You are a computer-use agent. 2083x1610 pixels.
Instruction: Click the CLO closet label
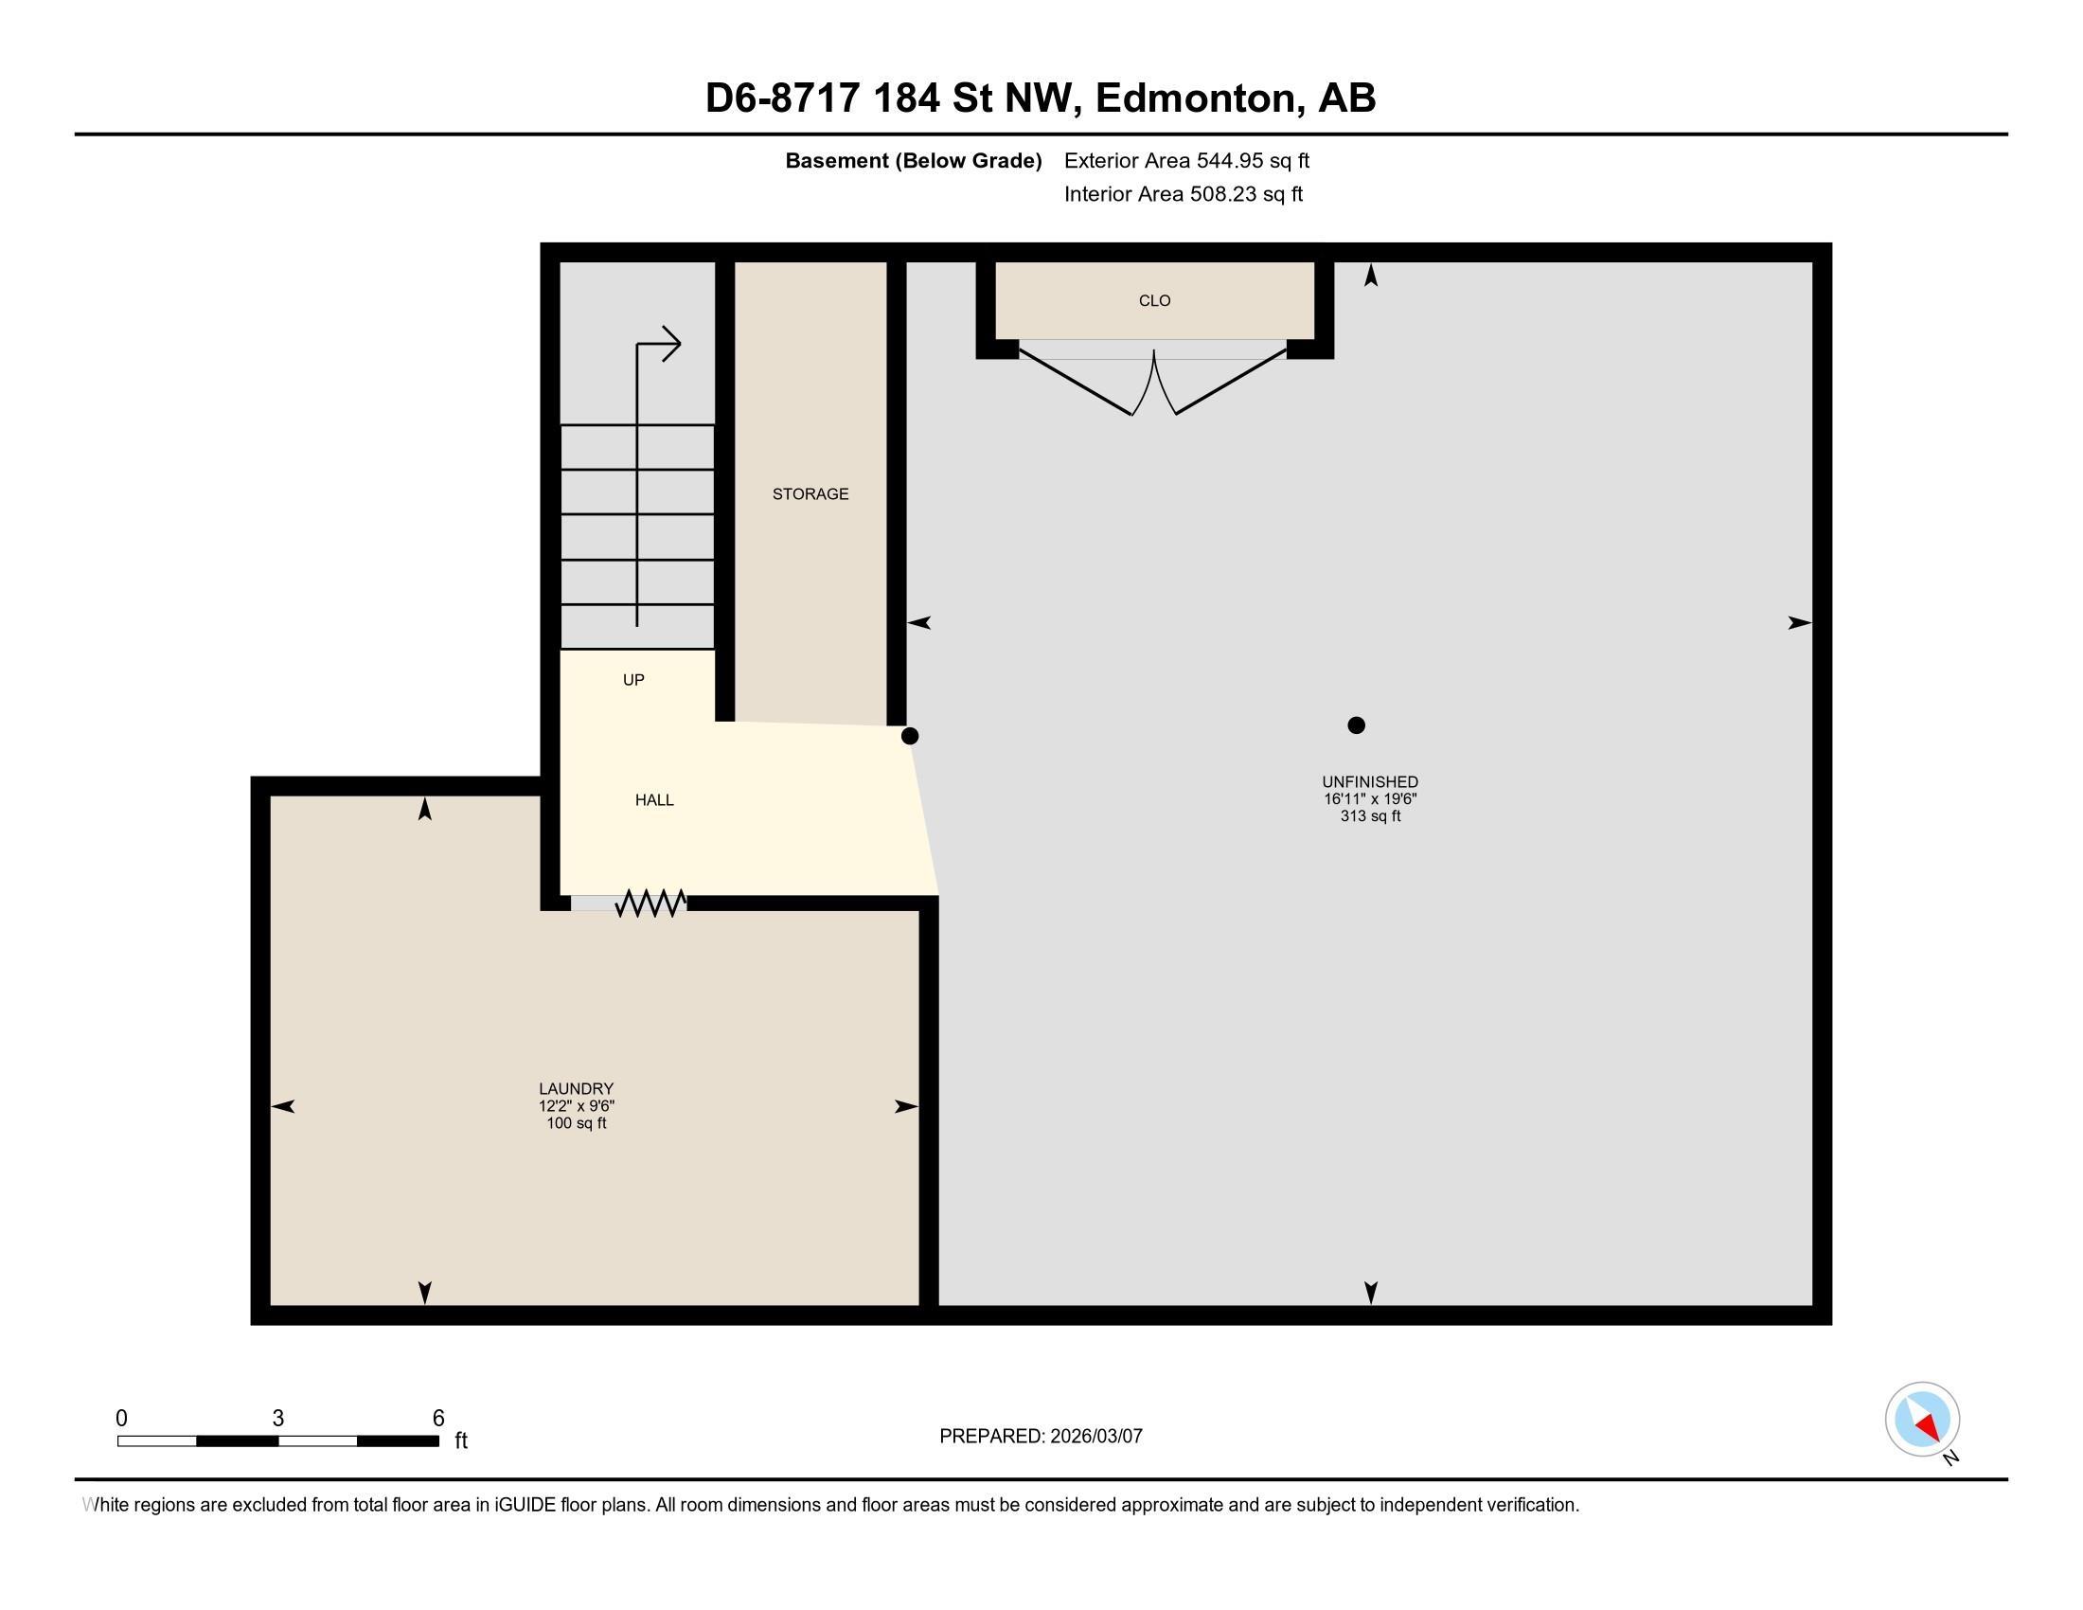pyautogui.click(x=1154, y=300)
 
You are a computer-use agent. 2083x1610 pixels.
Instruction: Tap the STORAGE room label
pyautogui.click(x=810, y=494)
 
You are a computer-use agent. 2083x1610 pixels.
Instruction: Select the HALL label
pyautogui.click(x=654, y=800)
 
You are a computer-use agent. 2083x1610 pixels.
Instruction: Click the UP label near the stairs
pyautogui.click(x=633, y=680)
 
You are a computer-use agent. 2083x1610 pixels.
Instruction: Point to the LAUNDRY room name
pyautogui.click(x=576, y=1088)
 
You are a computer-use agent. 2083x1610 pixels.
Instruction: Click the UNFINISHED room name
pyautogui.click(x=1370, y=782)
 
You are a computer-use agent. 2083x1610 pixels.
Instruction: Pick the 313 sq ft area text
pyautogui.click(x=1370, y=816)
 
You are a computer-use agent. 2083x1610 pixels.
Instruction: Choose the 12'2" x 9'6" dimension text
pyautogui.click(x=576, y=1106)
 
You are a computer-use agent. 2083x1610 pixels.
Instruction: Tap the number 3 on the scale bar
pyautogui.click(x=277, y=1419)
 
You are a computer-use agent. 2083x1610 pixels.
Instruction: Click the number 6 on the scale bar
pyautogui.click(x=438, y=1419)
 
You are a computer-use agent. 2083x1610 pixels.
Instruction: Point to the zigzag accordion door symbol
pyautogui.click(x=650, y=903)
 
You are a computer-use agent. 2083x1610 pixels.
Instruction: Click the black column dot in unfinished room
pyautogui.click(x=1356, y=724)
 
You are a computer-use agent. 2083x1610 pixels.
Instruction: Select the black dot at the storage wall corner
pyautogui.click(x=910, y=735)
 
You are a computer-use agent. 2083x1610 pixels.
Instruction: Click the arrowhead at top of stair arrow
pyautogui.click(x=671, y=344)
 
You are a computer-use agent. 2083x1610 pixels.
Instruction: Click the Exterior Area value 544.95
pyautogui.click(x=1227, y=161)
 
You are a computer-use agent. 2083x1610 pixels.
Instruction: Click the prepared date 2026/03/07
pyautogui.click(x=1095, y=1437)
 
